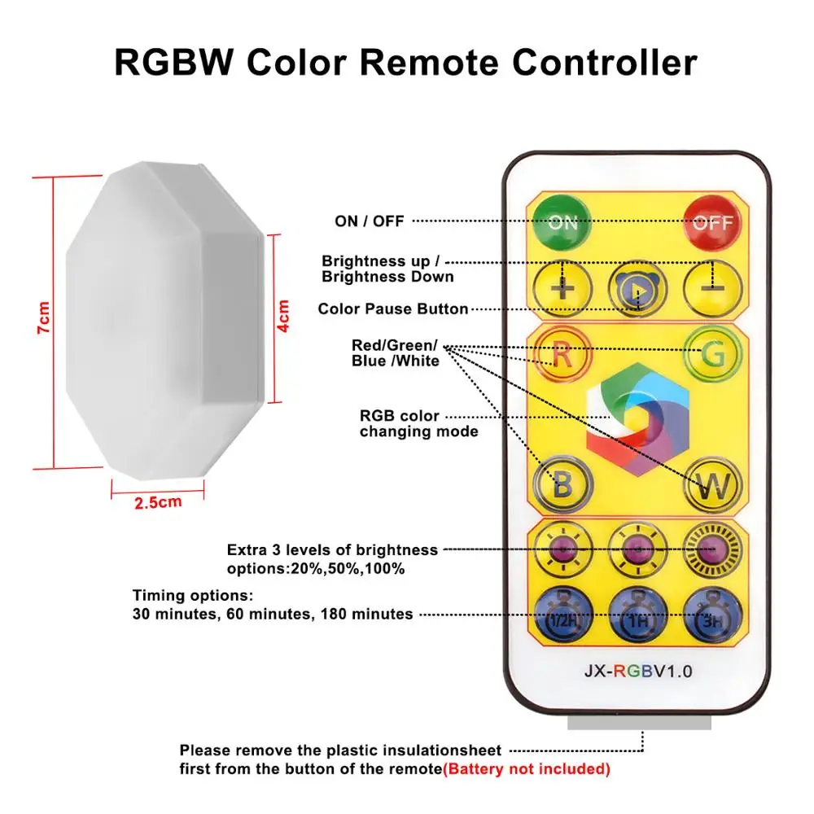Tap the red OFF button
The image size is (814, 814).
(x=712, y=223)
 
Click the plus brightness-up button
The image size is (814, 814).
(x=562, y=289)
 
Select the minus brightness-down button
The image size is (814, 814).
(x=713, y=289)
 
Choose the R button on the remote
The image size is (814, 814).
(x=562, y=355)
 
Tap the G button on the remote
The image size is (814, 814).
(x=713, y=355)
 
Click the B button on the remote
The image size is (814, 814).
(x=562, y=485)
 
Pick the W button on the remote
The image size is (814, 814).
(x=713, y=485)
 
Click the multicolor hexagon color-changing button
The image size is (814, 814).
(x=637, y=419)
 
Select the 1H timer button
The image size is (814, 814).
(x=637, y=615)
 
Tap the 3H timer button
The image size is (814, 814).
(x=713, y=615)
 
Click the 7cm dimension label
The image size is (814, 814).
(x=44, y=317)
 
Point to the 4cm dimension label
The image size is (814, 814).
(x=283, y=316)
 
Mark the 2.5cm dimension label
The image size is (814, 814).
(x=158, y=502)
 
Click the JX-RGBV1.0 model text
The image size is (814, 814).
(x=638, y=672)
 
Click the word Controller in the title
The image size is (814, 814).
(x=605, y=63)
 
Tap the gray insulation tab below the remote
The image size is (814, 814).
(x=639, y=721)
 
